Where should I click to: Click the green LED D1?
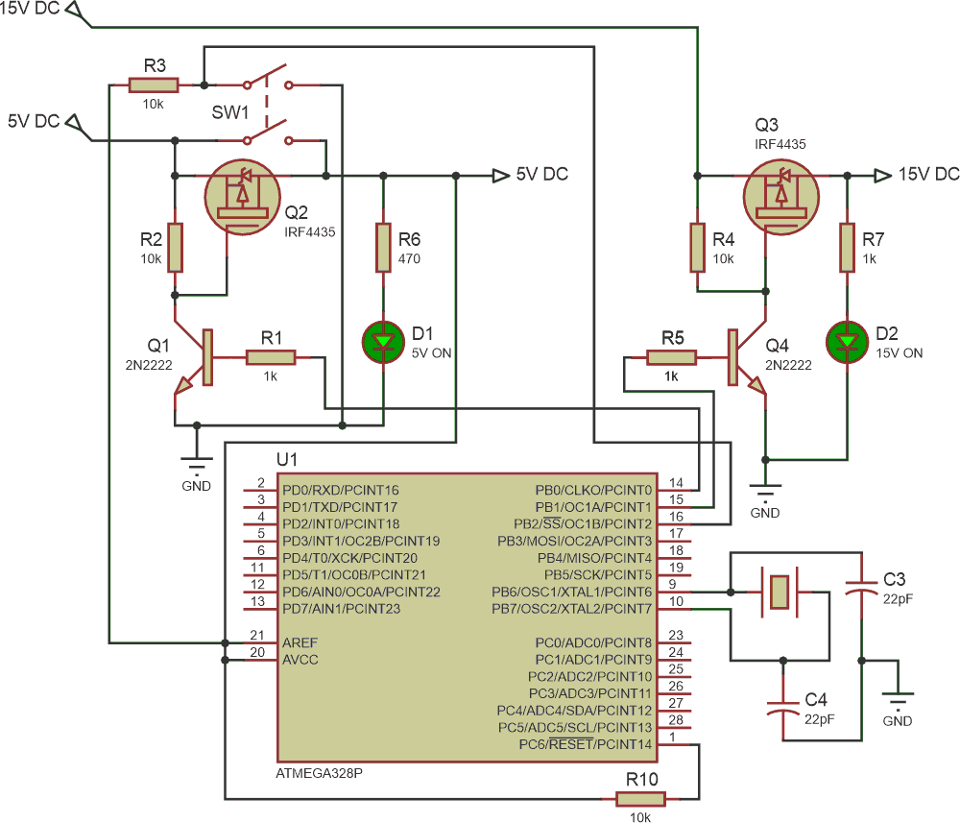point(383,340)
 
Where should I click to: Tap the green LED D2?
point(847,340)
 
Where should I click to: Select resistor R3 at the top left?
point(154,85)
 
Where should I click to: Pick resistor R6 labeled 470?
point(383,249)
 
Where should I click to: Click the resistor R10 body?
point(641,798)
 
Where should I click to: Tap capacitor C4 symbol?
point(784,709)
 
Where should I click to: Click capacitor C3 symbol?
point(861,587)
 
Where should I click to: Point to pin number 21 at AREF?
point(256,636)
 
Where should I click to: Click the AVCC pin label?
point(300,660)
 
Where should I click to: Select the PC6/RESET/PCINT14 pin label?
point(585,744)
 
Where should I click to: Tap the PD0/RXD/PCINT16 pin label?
point(340,490)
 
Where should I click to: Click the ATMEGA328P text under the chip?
point(318,773)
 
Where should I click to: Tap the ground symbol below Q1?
point(196,467)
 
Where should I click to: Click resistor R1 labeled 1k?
point(271,357)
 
